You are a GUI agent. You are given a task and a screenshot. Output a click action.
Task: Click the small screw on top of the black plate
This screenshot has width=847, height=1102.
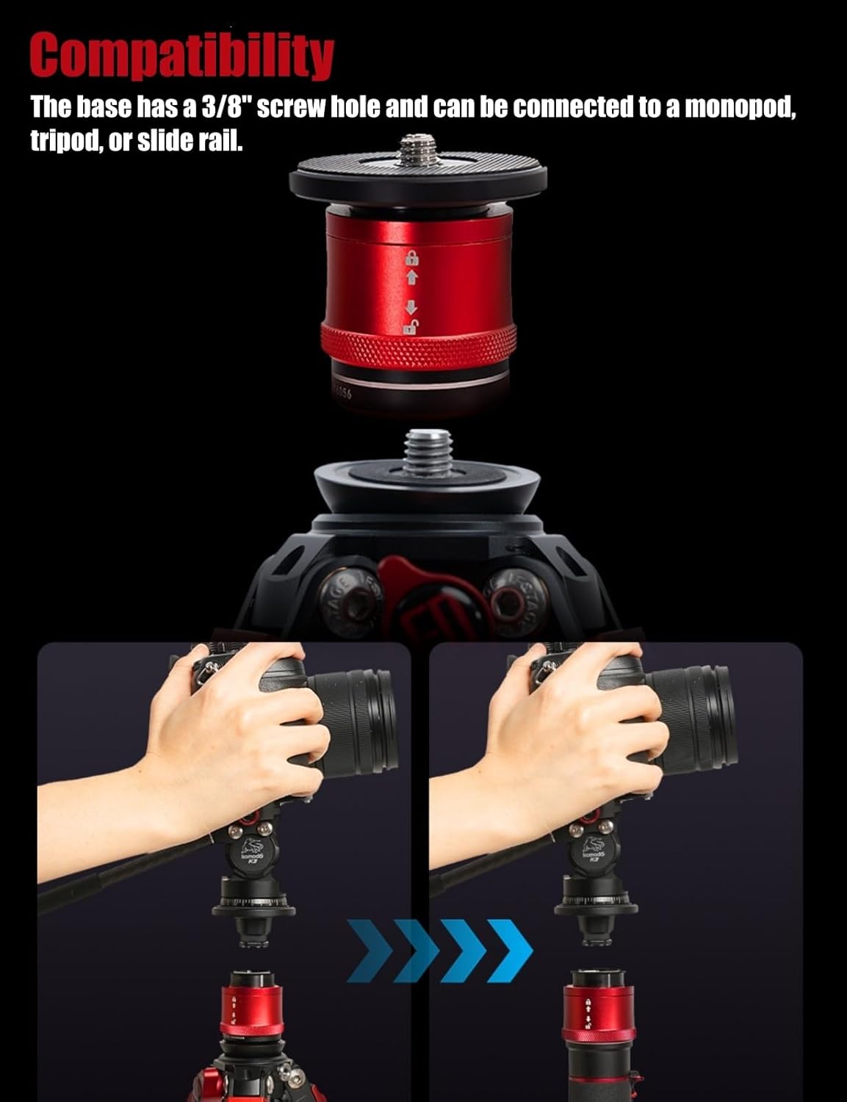pyautogui.click(x=418, y=147)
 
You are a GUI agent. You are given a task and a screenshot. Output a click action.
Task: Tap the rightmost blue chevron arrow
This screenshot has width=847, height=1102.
pyautogui.click(x=505, y=950)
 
